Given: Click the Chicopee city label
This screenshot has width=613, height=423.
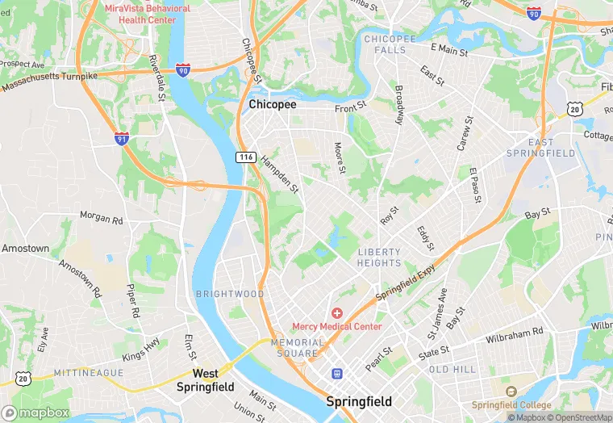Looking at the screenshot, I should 273,105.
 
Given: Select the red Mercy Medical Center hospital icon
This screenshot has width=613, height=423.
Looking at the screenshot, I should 337,312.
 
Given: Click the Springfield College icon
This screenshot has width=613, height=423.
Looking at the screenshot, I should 510,392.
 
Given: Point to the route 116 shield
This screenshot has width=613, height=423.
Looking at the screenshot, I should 246,157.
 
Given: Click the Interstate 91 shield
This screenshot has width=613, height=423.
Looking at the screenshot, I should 122,138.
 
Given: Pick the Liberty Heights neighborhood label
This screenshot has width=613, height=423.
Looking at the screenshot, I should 379,258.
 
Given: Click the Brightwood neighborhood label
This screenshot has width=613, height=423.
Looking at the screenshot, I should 230,294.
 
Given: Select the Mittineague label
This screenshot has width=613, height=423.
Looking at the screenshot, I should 89,372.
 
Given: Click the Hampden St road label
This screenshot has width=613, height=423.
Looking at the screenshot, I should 280,174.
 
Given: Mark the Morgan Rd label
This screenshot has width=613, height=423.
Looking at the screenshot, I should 101,219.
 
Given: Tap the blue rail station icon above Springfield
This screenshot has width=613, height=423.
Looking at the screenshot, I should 337,374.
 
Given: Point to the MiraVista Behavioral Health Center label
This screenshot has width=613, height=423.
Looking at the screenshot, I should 148,14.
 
